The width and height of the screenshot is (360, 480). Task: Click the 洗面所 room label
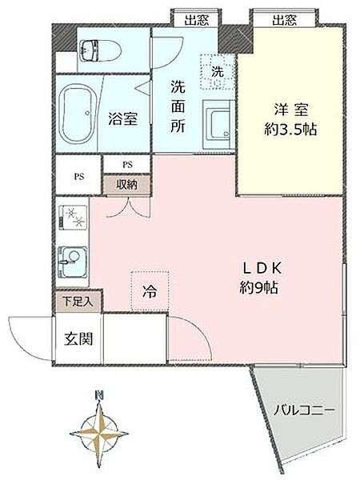177,106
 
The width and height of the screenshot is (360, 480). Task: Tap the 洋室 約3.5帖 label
289,119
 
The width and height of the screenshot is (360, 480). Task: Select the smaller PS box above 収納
127,165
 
